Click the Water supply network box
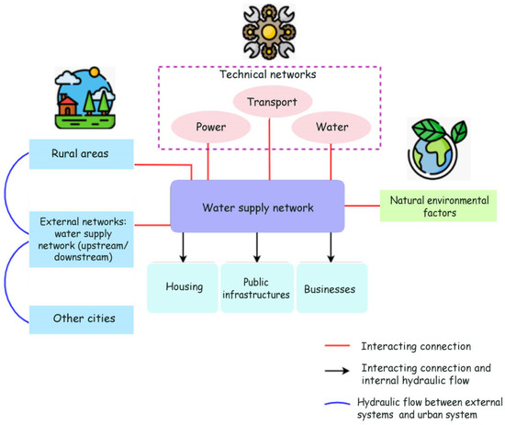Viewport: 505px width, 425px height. pyautogui.click(x=258, y=206)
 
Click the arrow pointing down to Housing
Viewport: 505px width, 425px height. pyautogui.click(x=184, y=245)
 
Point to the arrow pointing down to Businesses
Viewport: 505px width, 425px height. pyautogui.click(x=331, y=245)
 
